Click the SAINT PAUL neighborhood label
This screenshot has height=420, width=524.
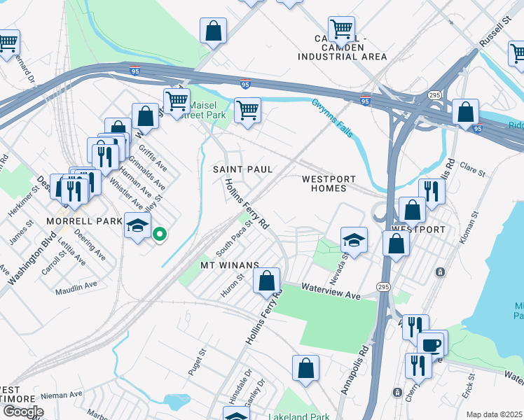242,170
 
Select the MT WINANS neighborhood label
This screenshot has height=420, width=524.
230,265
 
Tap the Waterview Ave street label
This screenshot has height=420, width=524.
331,291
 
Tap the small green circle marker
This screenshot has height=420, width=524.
160,234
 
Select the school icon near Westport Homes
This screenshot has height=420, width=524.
354,240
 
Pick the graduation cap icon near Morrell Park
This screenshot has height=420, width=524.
138,225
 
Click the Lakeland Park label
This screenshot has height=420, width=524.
299,416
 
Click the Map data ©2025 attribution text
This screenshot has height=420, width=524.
493,414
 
